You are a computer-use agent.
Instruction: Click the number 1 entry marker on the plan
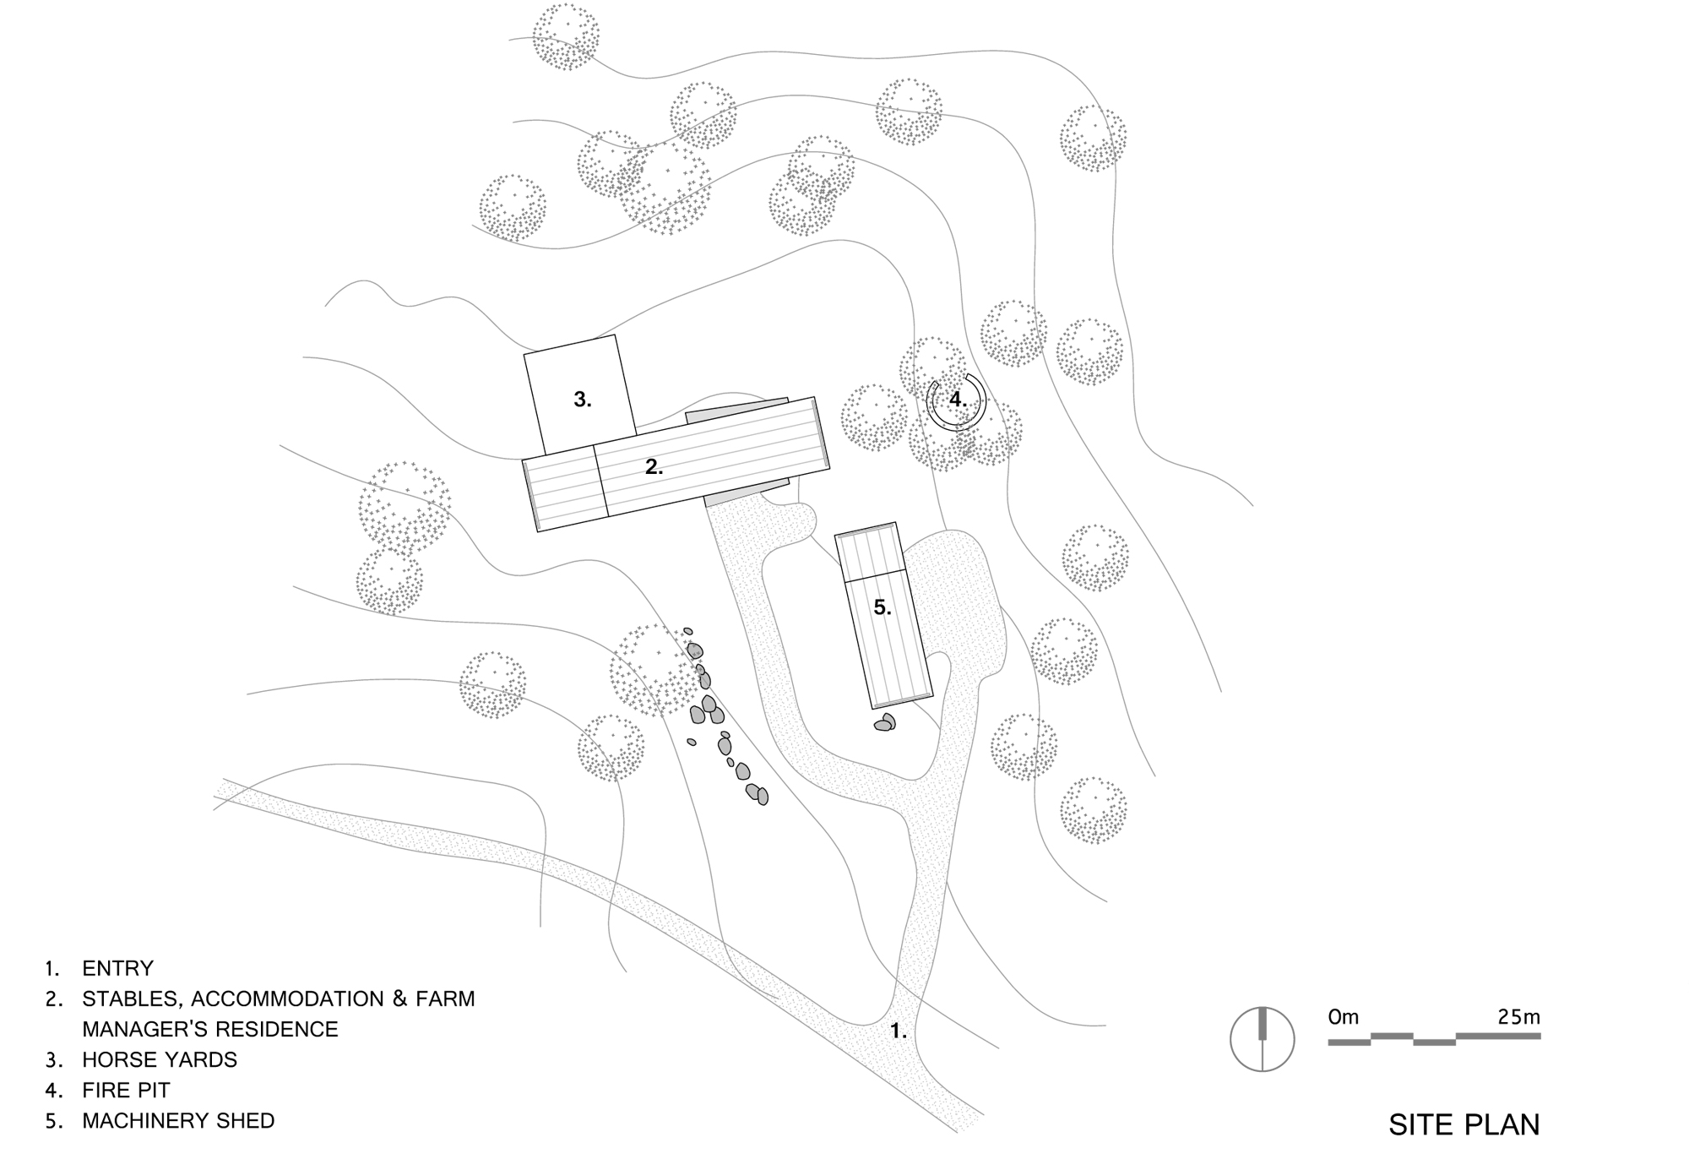[898, 1031]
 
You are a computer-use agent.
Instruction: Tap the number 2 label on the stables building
[654, 466]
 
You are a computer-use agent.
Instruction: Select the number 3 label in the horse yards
[582, 400]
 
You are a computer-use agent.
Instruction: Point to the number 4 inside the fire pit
[957, 399]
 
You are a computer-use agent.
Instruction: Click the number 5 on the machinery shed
[882, 607]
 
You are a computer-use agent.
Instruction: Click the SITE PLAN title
[1464, 1124]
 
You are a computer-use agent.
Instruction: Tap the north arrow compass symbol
[1262, 1039]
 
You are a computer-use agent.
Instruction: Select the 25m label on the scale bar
[1518, 1016]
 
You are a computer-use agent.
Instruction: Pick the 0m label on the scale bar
[1343, 1016]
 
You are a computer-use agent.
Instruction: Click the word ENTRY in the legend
[117, 968]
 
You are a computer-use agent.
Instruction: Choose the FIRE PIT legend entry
[126, 1090]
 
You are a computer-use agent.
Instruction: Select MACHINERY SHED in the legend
[178, 1121]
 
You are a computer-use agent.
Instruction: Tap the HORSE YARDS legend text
[160, 1059]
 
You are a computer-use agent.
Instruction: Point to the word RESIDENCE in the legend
[274, 1029]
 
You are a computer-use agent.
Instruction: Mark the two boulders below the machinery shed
[885, 722]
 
